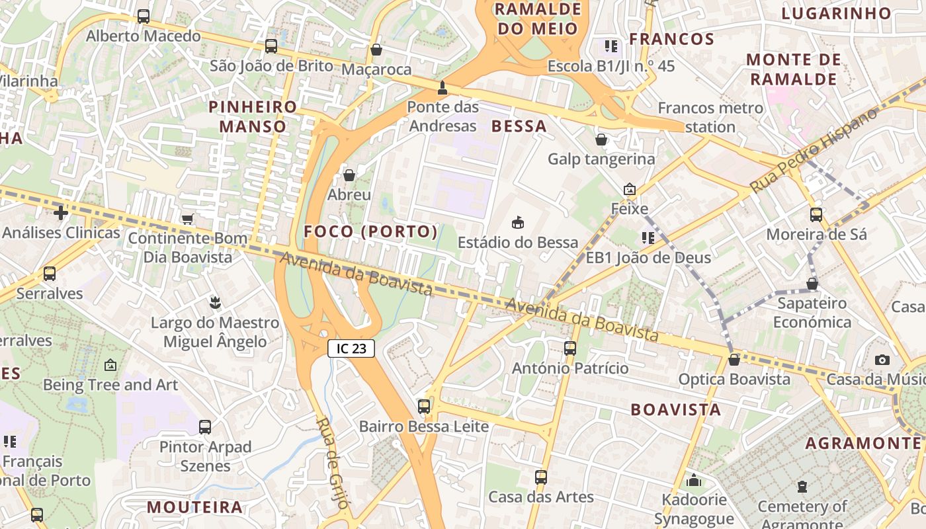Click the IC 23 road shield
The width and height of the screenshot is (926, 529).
click(x=351, y=348)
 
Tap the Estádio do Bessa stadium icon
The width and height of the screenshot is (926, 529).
click(x=518, y=223)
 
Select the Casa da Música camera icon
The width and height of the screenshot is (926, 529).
click(x=882, y=360)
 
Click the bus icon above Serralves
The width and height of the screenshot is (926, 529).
click(x=49, y=273)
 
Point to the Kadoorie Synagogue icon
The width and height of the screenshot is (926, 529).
click(x=694, y=480)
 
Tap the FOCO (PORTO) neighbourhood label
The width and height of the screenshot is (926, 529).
click(x=370, y=231)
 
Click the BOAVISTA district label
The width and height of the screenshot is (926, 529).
click(x=675, y=409)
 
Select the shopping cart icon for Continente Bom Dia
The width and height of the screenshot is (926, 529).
click(x=187, y=219)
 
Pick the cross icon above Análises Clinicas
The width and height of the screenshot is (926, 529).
click(x=61, y=213)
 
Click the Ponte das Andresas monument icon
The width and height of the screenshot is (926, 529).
click(x=442, y=88)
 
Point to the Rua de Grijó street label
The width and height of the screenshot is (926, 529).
click(x=332, y=463)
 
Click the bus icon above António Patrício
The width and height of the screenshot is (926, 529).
click(x=570, y=348)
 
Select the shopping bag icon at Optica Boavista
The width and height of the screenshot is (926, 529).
click(x=734, y=360)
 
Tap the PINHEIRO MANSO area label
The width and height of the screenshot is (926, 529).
click(x=253, y=116)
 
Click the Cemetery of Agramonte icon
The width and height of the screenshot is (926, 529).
click(x=802, y=487)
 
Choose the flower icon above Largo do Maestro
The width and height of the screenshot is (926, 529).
click(x=214, y=303)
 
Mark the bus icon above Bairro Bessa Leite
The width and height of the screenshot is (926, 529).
click(x=423, y=407)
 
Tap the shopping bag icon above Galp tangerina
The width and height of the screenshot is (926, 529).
click(x=601, y=140)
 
